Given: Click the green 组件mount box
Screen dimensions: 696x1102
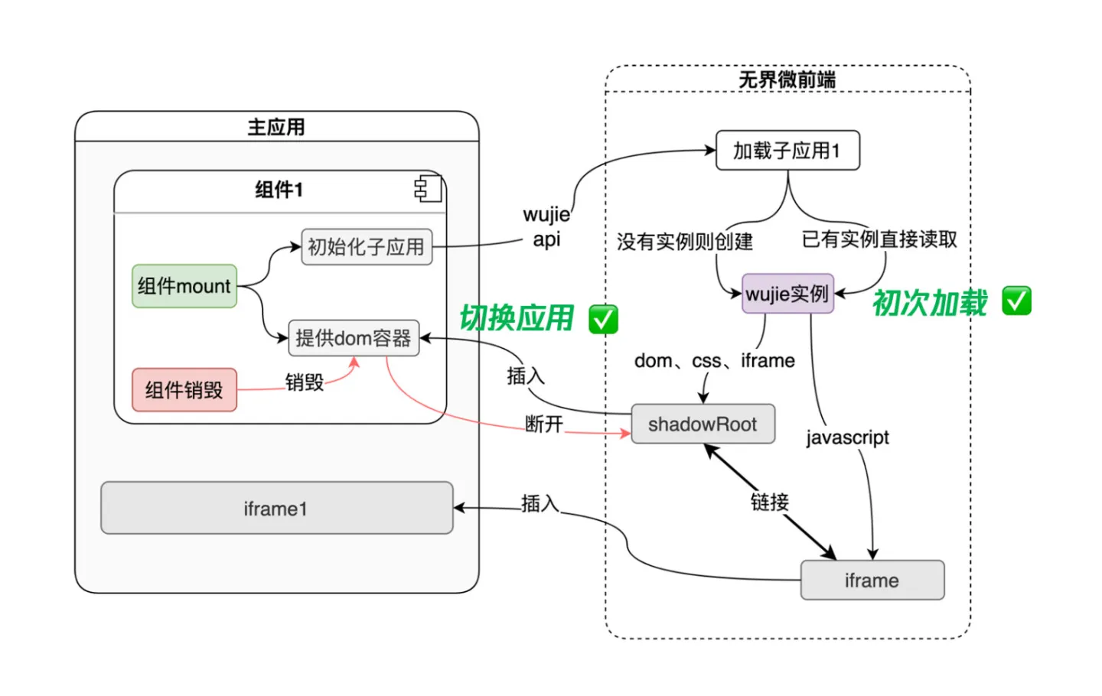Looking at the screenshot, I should click(184, 286).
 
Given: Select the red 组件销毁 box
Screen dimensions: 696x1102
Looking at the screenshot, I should click(184, 390).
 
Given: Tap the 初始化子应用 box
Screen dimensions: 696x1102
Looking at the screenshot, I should click(367, 247).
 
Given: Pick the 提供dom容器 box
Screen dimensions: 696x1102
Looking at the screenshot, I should click(354, 338).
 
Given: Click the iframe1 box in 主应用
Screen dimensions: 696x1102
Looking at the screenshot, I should click(276, 508).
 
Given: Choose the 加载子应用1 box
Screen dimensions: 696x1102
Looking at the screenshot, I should click(787, 151).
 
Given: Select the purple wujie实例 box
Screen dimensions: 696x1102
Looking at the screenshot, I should click(787, 294).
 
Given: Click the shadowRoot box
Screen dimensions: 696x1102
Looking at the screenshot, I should click(703, 424).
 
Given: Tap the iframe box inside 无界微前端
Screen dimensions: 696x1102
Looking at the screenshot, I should click(872, 581).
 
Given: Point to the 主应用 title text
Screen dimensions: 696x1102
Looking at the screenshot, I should click(276, 127).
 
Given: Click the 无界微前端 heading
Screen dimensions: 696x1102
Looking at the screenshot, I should click(787, 80).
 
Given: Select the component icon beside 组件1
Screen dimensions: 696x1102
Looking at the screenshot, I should click(428, 188).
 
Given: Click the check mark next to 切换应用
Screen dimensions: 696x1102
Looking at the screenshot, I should click(603, 319).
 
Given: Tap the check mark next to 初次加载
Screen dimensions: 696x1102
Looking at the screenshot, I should click(1016, 301).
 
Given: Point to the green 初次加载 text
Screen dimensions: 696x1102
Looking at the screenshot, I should click(930, 303).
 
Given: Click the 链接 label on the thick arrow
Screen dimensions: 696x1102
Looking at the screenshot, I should click(769, 502).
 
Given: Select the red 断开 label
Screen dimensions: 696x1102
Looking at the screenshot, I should click(544, 424).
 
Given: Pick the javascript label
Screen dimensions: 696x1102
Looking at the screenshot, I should click(847, 437).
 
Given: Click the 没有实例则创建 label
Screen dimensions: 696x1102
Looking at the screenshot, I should click(685, 242).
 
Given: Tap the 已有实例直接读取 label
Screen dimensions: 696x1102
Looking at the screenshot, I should click(879, 239).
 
